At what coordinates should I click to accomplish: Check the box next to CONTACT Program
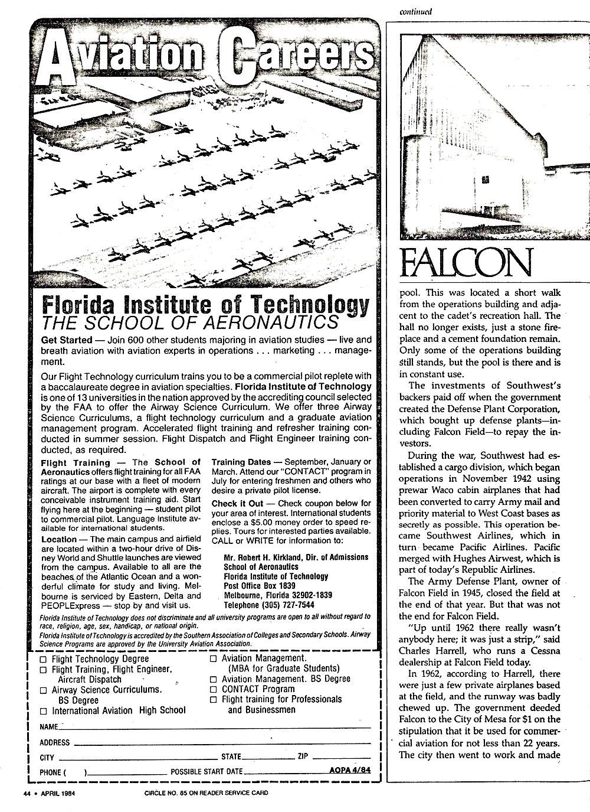pos(214,689)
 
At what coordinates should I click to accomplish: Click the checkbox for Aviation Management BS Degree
pos(214,679)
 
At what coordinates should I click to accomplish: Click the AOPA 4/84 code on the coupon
pos(351,770)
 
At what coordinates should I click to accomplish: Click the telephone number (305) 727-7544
pos(269,605)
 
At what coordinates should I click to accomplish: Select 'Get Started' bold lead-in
pos(67,340)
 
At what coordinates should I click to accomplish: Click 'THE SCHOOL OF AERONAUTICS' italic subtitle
pos(190,322)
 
